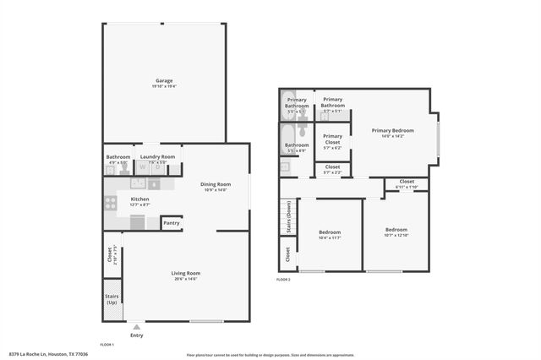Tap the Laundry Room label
(157, 156)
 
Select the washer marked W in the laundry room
(143, 167)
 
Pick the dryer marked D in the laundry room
(157, 167)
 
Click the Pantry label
(171, 223)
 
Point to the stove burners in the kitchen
(110, 203)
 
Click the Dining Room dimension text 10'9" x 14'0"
(216, 190)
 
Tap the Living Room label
(185, 273)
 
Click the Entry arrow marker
(136, 326)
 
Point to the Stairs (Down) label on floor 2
(288, 216)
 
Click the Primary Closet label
(332, 139)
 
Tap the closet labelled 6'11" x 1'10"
(407, 183)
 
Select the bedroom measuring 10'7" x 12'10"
(396, 230)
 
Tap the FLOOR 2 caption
(283, 279)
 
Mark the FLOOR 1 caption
(107, 345)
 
